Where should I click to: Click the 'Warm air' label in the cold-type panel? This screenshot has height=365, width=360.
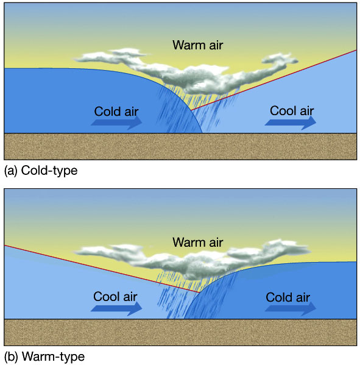197,45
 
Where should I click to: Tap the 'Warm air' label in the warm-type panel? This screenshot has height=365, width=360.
197,243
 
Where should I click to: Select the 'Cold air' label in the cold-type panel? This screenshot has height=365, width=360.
116,112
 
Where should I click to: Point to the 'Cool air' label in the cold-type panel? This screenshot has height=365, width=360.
292,110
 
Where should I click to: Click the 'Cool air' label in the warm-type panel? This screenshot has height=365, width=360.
115,297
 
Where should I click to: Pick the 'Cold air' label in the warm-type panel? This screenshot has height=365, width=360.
288,297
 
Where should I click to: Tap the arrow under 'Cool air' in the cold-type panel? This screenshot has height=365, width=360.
291,122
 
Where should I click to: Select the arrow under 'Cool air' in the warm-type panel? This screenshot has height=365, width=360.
116,308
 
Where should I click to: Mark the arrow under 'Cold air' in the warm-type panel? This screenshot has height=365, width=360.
291,308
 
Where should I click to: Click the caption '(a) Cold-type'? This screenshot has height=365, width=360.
41,171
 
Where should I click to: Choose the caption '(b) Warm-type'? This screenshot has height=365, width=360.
44,357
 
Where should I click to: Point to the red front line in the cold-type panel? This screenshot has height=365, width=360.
274,80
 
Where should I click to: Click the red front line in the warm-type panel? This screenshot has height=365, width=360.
102,269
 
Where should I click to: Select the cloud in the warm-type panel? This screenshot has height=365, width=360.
193,261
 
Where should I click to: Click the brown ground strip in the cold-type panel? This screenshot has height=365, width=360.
180,146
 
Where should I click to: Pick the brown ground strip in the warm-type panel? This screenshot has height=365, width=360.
180,332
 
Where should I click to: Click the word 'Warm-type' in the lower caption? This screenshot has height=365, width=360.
53,357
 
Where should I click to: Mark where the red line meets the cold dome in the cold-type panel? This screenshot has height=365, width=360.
191,110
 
